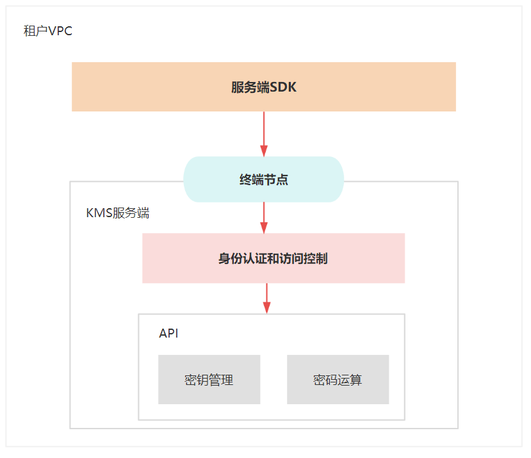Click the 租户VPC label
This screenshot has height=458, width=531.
(x=48, y=31)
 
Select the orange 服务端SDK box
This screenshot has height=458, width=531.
(x=264, y=86)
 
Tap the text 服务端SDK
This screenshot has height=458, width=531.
(x=264, y=87)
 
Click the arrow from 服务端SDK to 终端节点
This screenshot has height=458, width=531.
(x=264, y=134)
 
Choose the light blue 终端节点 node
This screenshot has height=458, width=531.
(x=264, y=179)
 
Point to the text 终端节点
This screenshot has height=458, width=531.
(x=264, y=179)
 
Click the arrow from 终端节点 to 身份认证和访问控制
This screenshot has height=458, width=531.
(x=264, y=218)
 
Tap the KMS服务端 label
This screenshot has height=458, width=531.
(x=117, y=213)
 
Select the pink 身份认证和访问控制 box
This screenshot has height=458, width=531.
(x=274, y=258)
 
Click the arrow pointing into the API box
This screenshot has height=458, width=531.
(x=267, y=299)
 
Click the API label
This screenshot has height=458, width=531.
(x=168, y=333)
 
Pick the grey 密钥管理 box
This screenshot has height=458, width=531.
(x=209, y=379)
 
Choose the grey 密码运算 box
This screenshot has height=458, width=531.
(x=338, y=379)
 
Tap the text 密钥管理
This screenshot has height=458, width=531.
(x=209, y=380)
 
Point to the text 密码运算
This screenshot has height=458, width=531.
(x=338, y=380)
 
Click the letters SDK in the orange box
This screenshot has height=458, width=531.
(x=283, y=87)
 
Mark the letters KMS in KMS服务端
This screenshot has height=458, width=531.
(x=99, y=213)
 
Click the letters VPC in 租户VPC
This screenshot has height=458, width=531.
(x=60, y=31)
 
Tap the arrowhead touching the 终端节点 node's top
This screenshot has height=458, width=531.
(x=264, y=151)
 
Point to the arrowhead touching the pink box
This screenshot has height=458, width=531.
(x=264, y=227)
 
